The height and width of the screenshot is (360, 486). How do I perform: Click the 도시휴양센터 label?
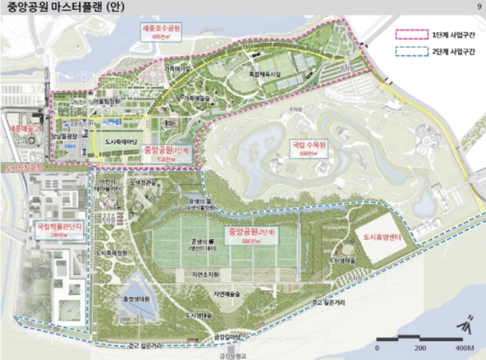[383, 238]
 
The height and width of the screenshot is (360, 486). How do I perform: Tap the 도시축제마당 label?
[122, 143]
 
